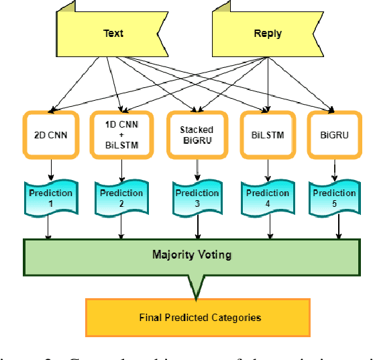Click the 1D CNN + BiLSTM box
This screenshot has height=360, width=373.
click(121, 134)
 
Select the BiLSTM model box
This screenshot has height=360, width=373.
click(267, 134)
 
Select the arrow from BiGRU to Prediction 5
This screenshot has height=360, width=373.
click(333, 169)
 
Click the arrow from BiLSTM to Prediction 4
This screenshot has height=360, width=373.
click(267, 169)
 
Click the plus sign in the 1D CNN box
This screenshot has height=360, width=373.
click(121, 134)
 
